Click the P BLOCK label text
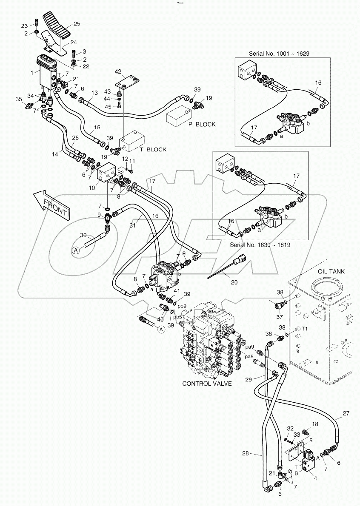point(202,125)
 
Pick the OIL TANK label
point(331,271)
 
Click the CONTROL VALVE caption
point(207,384)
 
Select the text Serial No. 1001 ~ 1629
point(279,54)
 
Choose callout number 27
point(346,413)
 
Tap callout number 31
point(133,226)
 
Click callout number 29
point(249,378)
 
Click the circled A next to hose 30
point(76,251)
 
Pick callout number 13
point(94,93)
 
